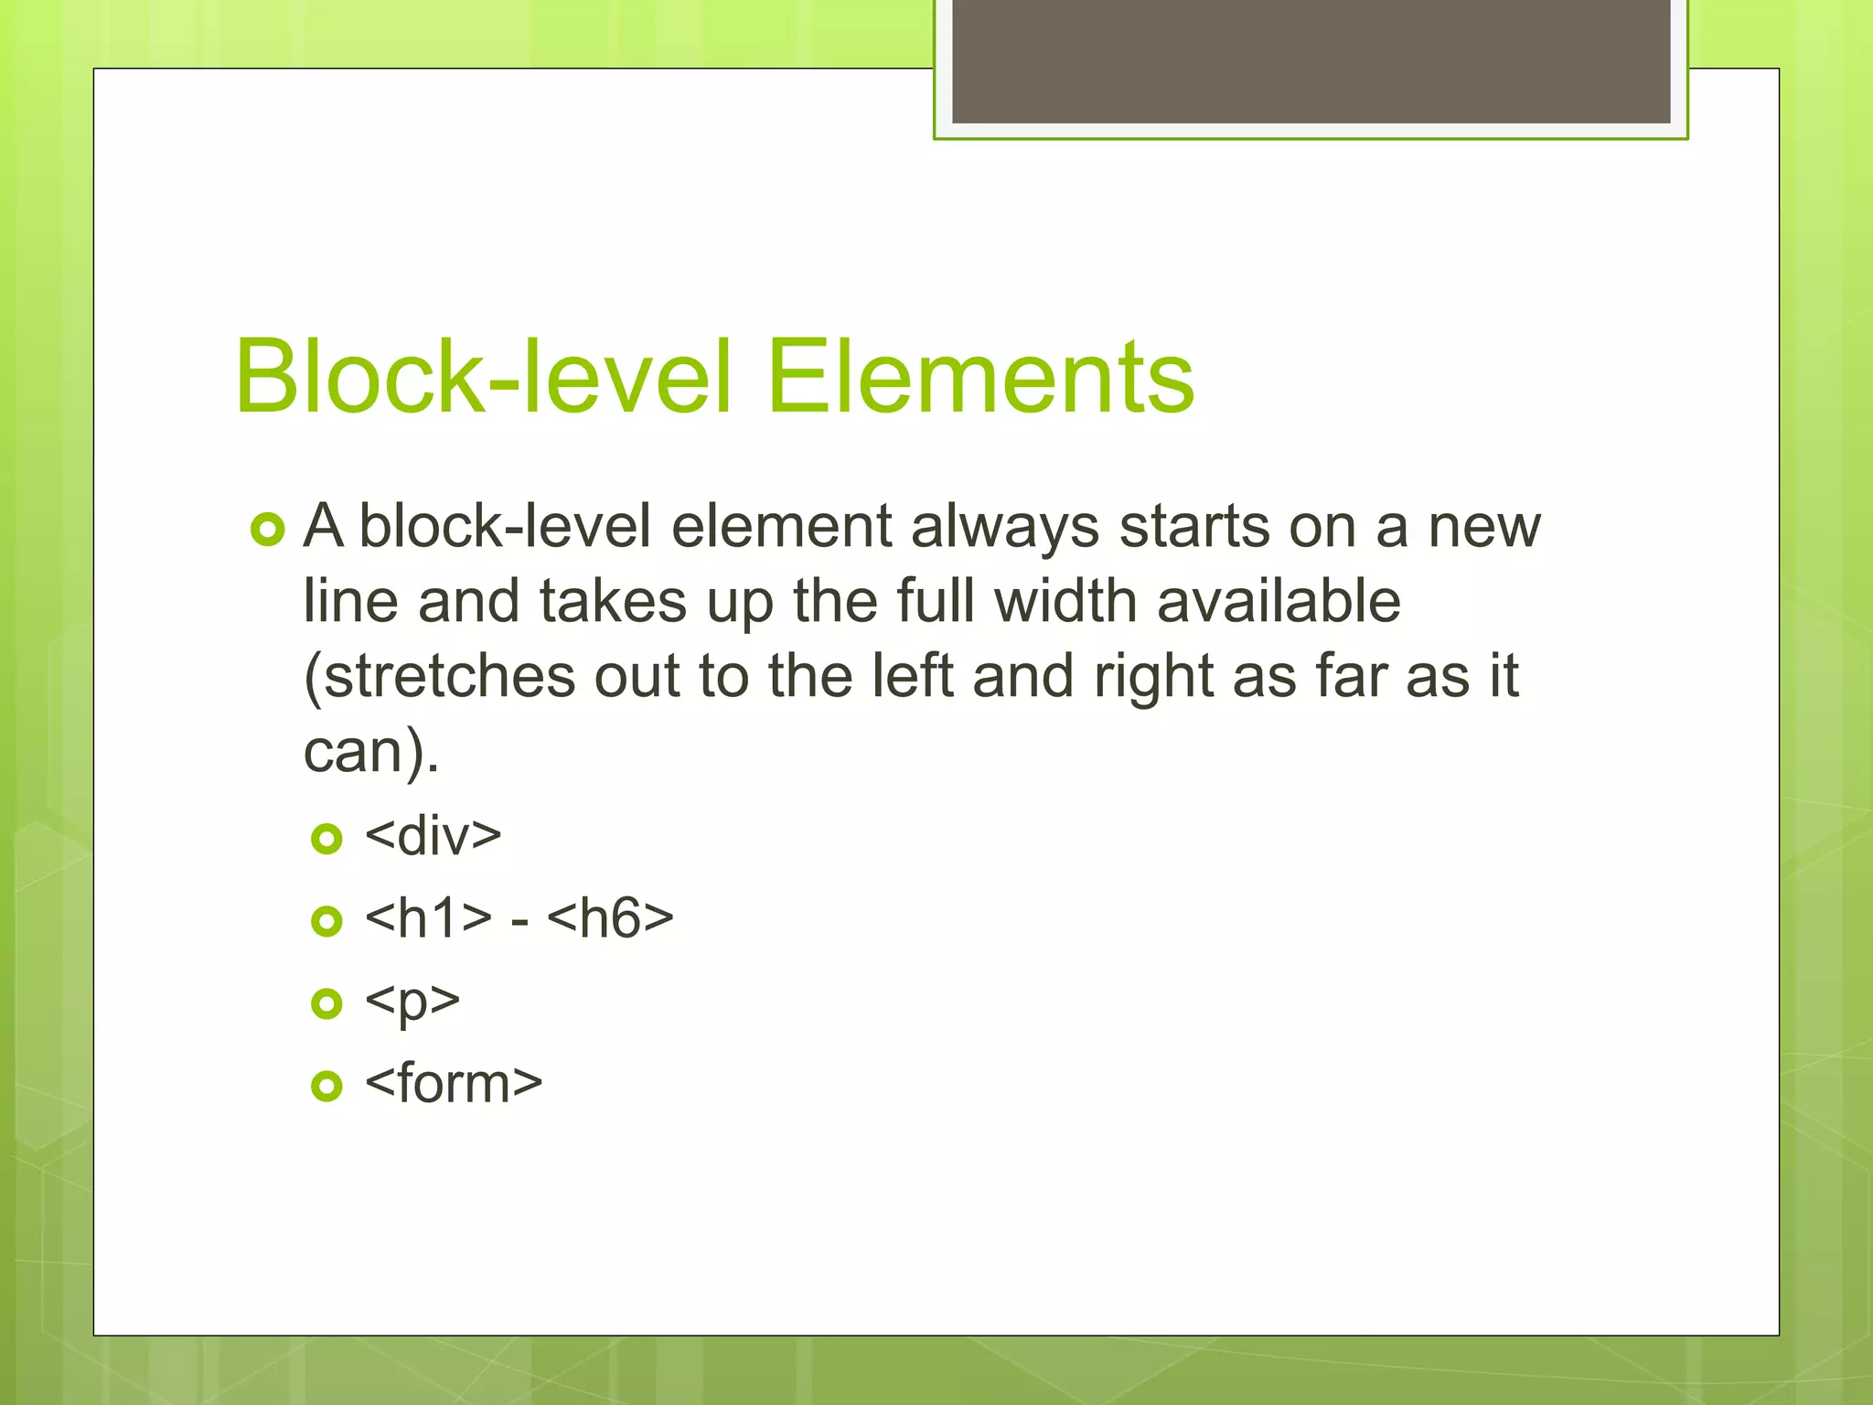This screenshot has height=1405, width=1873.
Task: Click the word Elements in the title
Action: coord(979,377)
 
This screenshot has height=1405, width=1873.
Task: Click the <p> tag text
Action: coord(412,1002)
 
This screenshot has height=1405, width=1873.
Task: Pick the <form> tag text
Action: coord(453,1084)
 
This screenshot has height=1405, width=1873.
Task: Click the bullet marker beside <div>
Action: coord(326,838)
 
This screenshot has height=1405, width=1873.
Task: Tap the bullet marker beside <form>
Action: coord(326,1086)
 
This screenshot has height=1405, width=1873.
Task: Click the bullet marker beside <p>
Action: coord(326,1003)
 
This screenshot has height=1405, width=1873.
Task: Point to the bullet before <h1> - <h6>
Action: coord(326,920)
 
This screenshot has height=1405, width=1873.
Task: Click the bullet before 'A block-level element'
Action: coord(267,530)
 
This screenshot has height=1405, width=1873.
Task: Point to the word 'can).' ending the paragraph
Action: coord(370,752)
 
